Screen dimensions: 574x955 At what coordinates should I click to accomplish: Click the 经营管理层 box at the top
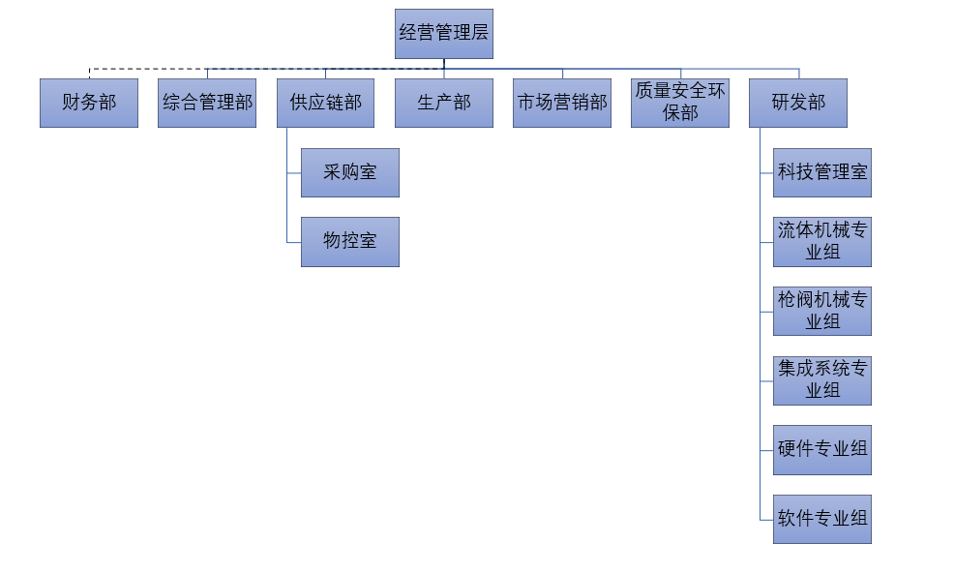tap(443, 33)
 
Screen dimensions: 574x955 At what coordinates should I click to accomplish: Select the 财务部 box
tap(89, 103)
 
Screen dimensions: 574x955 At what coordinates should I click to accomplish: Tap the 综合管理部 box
tap(207, 103)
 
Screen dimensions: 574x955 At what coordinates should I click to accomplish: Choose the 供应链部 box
tap(325, 103)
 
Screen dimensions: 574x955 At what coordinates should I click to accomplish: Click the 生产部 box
tap(443, 103)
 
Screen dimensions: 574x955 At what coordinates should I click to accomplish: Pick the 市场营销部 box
tap(562, 103)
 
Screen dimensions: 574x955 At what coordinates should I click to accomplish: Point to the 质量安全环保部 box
tap(680, 103)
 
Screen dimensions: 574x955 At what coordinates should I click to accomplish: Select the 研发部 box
tap(798, 103)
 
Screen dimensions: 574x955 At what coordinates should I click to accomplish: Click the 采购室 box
tap(349, 172)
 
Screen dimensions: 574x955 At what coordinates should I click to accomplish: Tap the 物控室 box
tap(349, 242)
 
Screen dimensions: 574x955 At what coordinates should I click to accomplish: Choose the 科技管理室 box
tap(822, 172)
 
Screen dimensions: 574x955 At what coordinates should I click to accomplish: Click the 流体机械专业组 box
tap(822, 242)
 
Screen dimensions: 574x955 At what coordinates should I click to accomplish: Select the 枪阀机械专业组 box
tap(822, 311)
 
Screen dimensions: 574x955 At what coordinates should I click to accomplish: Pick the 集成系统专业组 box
tap(822, 380)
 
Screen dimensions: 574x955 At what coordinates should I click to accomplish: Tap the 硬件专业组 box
tap(822, 450)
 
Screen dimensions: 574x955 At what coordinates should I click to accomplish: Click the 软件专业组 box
tap(822, 519)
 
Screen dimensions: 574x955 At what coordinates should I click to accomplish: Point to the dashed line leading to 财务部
tap(145, 70)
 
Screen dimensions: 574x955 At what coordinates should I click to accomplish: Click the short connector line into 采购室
tap(294, 172)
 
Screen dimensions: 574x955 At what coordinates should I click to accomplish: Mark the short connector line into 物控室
tap(294, 242)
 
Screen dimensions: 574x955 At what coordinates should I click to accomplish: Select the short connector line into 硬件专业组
tap(767, 450)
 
